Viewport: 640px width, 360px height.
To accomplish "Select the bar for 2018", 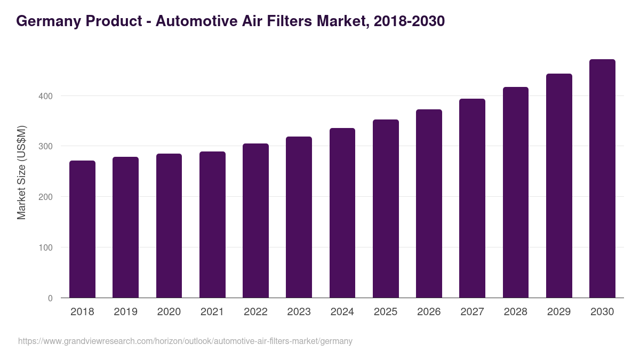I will point(82,229).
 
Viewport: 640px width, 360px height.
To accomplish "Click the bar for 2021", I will point(212,225).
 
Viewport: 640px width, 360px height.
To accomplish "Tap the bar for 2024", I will point(342,213).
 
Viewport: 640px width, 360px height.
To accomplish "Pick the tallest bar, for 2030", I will point(602,179).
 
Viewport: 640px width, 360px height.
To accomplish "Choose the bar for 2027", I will point(472,198).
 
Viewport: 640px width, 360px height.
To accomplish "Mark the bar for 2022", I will point(255,221).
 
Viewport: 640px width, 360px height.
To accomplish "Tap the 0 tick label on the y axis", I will point(50,298).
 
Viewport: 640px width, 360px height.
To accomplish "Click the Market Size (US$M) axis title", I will point(21,172).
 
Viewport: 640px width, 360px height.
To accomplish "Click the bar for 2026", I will point(429,204).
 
